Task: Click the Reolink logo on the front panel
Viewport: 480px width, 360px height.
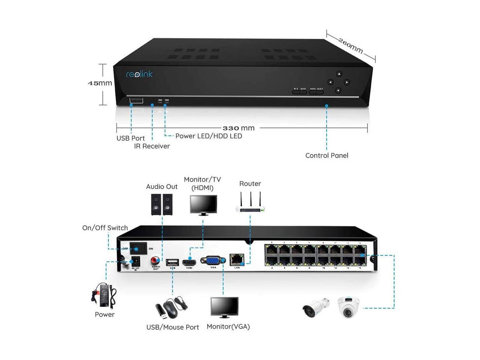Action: pyautogui.click(x=139, y=74)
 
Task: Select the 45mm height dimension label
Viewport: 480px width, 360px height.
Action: pyautogui.click(x=100, y=83)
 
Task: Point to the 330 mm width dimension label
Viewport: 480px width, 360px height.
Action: pyautogui.click(x=238, y=128)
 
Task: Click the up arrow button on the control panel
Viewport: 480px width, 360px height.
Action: pyautogui.click(x=339, y=74)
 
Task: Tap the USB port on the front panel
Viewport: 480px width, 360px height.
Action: pyautogui.click(x=136, y=100)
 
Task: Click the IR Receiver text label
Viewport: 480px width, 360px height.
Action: pyautogui.click(x=152, y=146)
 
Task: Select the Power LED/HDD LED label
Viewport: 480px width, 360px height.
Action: pyautogui.click(x=208, y=136)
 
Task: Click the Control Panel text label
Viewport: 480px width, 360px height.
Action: pyautogui.click(x=327, y=156)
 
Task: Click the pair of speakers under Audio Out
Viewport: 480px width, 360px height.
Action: pyautogui.click(x=162, y=205)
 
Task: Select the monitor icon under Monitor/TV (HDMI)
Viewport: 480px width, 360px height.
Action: pyautogui.click(x=203, y=205)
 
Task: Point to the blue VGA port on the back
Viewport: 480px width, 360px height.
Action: pyautogui.click(x=213, y=260)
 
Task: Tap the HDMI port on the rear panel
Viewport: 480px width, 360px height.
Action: pyautogui.click(x=189, y=262)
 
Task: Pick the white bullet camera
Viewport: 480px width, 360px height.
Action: pyautogui.click(x=315, y=307)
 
